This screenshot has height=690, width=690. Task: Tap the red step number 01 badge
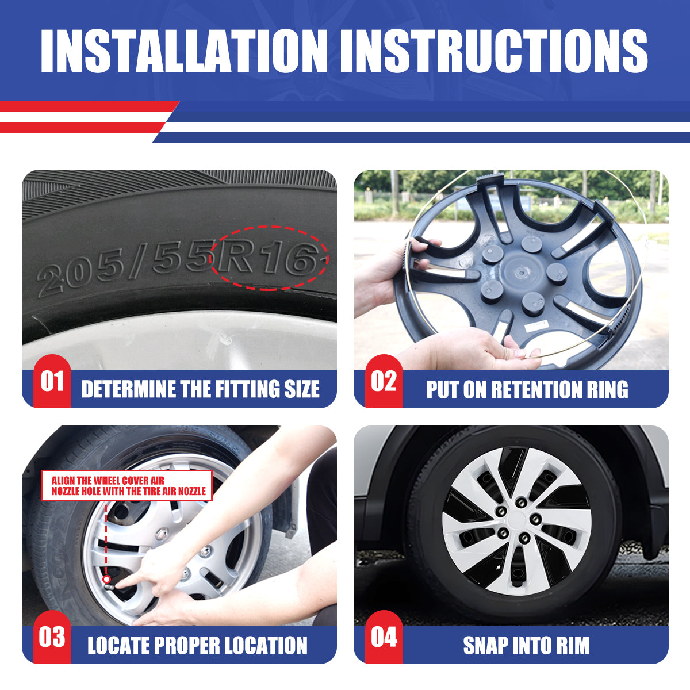52,381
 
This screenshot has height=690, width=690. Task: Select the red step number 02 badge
384,381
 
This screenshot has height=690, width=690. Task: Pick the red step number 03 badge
52,637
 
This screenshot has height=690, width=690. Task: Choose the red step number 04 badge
384,637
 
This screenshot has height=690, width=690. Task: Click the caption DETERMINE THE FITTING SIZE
200,389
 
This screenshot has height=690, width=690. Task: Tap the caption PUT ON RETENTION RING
527,389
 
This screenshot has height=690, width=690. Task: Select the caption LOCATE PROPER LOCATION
197,645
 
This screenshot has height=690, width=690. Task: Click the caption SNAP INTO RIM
526,645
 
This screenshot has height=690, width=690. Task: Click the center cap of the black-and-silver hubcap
517,520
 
